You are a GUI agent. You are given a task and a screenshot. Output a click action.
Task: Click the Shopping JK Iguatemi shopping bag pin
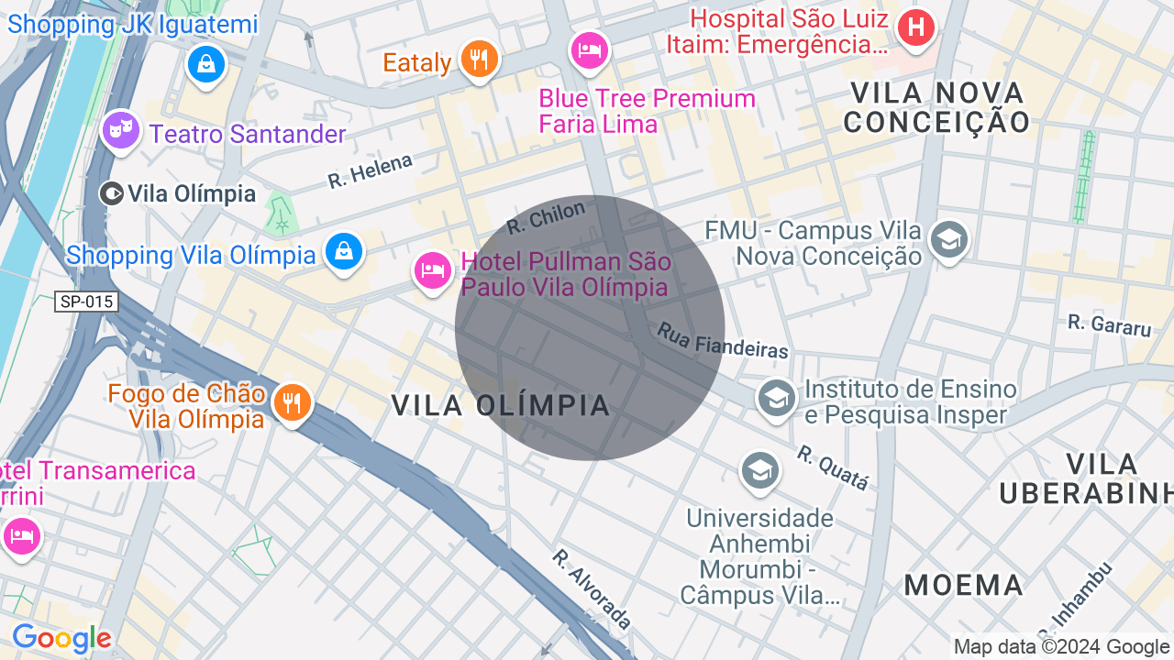(206, 64)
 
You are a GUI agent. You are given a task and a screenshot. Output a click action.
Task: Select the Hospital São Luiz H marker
(914, 27)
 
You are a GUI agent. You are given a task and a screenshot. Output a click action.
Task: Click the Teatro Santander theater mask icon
(119, 131)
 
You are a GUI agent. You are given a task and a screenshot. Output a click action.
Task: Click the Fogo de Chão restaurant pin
(291, 402)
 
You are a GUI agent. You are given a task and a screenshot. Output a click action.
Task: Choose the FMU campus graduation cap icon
(948, 240)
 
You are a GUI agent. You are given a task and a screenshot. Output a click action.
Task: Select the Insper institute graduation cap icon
(776, 398)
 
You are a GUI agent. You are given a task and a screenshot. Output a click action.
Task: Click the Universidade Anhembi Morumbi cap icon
(759, 471)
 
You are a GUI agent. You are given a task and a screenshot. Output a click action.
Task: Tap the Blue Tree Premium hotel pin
(589, 49)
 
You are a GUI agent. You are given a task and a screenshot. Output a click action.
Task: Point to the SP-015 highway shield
(87, 302)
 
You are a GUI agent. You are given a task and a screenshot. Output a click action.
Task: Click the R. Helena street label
(371, 170)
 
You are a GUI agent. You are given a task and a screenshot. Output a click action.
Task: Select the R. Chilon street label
(545, 216)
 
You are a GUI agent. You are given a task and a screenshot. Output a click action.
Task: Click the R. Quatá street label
(832, 467)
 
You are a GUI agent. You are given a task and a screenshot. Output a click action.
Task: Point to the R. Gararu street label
(1109, 324)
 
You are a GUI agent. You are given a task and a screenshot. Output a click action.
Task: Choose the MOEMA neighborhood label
(963, 585)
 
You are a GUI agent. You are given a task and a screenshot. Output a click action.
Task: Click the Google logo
(61, 638)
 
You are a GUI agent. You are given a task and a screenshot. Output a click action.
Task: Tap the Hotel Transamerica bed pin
(20, 535)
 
